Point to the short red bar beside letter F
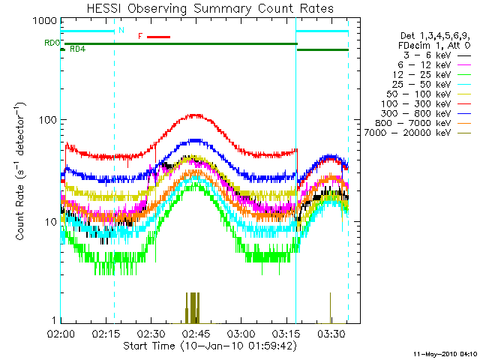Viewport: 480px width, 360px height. coord(159,36)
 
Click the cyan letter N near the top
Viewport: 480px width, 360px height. coord(122,30)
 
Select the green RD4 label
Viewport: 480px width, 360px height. coord(77,49)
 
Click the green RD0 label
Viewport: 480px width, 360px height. coord(52,43)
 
